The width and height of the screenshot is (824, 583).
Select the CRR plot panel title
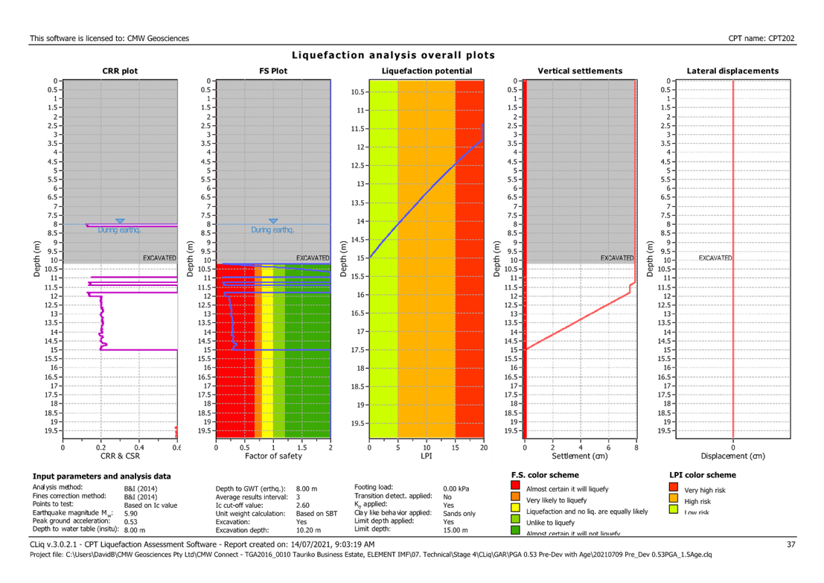tap(120, 71)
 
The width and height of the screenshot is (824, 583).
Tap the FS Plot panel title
tap(273, 71)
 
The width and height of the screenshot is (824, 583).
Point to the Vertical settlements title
tap(580, 71)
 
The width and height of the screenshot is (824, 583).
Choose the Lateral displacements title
tap(732, 71)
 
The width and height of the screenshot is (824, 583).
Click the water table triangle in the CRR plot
tap(120, 221)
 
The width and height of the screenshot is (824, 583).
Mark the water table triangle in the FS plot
tap(273, 221)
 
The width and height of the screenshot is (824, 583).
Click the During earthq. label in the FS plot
tap(272, 230)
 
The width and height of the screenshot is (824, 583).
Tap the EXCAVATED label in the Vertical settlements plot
tap(617, 258)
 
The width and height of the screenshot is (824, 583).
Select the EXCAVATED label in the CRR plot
tap(159, 258)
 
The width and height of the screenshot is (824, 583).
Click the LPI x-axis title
tap(427, 455)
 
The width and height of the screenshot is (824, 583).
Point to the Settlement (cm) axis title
tap(580, 455)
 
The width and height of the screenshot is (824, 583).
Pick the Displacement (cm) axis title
tap(732, 455)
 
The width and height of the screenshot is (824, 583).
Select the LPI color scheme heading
tap(702, 474)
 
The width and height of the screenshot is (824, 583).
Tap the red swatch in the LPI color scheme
tap(674, 489)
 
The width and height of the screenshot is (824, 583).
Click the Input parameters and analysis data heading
tap(102, 476)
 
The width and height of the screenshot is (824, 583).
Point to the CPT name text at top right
tap(762, 38)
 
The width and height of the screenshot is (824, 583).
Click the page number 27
tap(791, 545)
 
